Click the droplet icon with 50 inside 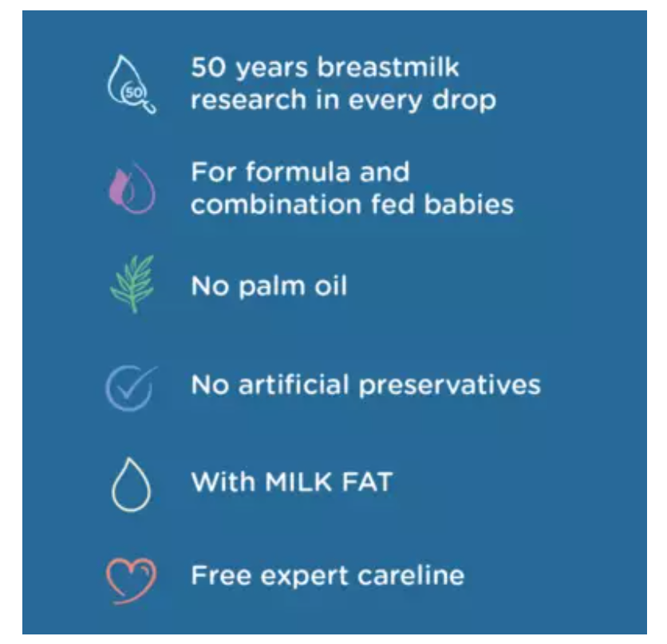[x=129, y=84]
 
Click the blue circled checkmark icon [x=129, y=386]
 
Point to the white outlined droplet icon [x=130, y=484]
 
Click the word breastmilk [x=389, y=68]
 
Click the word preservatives [x=449, y=385]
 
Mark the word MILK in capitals [x=302, y=482]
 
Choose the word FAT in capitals [x=369, y=482]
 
